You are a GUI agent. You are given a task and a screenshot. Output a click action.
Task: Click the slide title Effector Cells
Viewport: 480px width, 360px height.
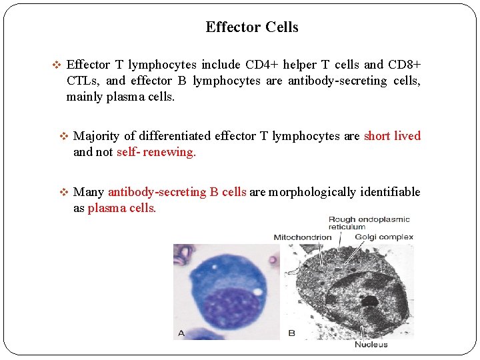[252, 27]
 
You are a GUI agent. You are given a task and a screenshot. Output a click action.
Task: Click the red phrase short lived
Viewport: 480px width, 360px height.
[392, 136]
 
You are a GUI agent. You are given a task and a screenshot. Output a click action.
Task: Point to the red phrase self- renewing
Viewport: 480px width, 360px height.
[156, 151]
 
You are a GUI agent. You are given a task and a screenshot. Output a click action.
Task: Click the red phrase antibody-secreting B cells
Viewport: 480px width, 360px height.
[177, 192]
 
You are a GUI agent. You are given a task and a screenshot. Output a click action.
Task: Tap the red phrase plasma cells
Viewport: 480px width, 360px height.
[121, 207]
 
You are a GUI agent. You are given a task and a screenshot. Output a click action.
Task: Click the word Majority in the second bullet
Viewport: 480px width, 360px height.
[97, 136]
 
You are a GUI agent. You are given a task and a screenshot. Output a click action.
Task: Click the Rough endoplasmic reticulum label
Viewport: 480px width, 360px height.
[369, 223]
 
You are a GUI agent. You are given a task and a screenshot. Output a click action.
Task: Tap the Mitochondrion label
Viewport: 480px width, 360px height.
[302, 237]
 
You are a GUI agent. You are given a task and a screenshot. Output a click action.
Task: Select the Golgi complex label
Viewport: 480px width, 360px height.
[384, 237]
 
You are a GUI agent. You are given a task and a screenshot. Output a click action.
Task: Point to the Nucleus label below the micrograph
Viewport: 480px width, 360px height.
[371, 345]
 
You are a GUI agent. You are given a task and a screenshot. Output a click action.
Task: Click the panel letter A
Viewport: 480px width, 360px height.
[181, 332]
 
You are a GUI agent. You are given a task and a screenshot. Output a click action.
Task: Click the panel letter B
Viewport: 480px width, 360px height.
[291, 332]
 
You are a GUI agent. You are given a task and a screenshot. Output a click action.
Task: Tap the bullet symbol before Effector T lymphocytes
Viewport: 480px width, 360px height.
[57, 65]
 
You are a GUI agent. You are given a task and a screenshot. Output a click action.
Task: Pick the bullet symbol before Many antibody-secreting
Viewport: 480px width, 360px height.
[64, 193]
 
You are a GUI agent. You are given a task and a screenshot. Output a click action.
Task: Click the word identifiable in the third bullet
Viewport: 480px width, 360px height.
[390, 192]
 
